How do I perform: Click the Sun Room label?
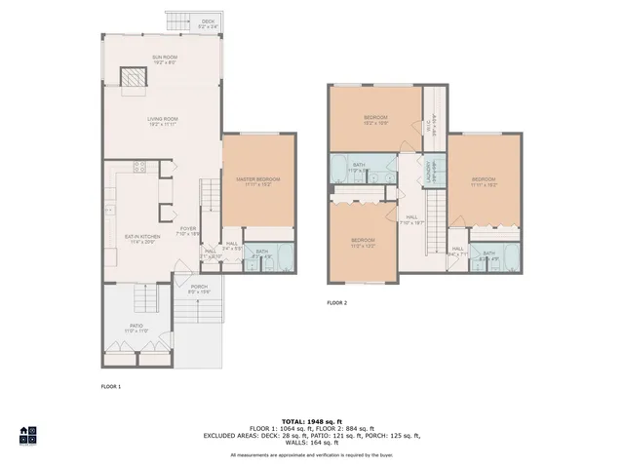coord(163,59)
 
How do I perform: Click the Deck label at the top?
coord(208,22)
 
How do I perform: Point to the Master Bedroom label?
coord(258,182)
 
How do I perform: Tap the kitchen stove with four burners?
coord(138,166)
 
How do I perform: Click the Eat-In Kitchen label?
coord(142,239)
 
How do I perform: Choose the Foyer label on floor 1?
coord(187,231)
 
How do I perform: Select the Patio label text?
coord(136,329)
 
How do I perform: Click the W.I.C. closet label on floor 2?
coord(419,123)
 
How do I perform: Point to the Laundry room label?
coord(430,172)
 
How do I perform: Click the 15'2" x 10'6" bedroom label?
coord(376,120)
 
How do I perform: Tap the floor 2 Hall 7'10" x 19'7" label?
coord(411,220)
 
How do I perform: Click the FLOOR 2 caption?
coord(337,303)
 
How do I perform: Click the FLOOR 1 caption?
coord(111,387)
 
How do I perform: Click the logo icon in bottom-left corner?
coord(27,435)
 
